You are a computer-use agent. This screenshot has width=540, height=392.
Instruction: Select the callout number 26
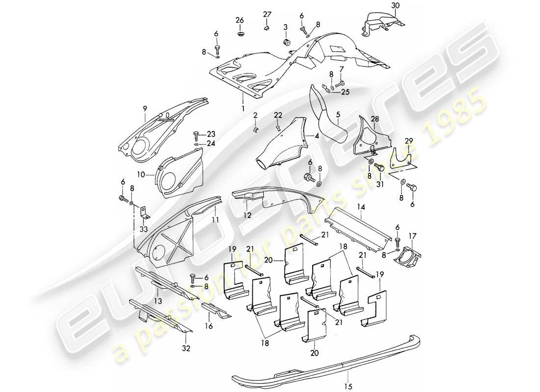click(240, 20)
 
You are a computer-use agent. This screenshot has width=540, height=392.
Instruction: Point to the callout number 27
click(267, 13)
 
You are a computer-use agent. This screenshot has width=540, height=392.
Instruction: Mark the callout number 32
click(186, 348)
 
